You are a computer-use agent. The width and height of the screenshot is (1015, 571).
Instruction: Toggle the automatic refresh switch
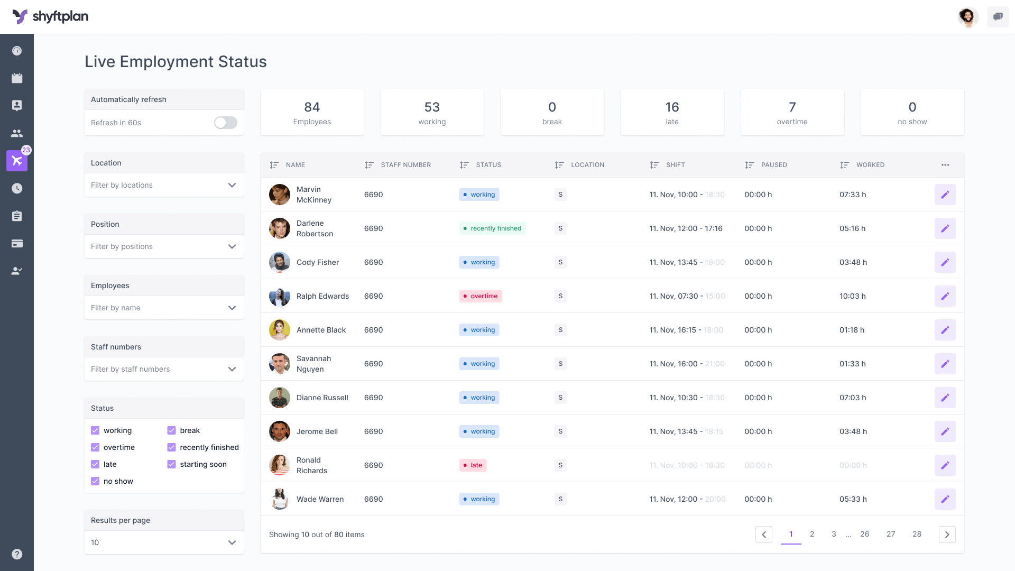226,123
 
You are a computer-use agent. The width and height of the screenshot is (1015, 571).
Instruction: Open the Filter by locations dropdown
164,185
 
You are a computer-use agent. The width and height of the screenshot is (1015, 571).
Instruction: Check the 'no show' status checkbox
95,481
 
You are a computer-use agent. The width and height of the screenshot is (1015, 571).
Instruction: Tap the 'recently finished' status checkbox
171,447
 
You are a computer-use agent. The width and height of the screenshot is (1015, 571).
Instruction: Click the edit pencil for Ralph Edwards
945,296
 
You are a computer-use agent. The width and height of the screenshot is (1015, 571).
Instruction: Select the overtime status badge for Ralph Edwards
480,296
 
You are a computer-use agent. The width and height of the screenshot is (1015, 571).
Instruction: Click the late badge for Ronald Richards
473,465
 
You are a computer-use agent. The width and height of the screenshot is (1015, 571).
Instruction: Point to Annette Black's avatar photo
279,330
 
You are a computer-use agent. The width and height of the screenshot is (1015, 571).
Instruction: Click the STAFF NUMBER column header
405,165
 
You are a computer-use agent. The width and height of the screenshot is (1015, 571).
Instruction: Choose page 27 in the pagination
891,534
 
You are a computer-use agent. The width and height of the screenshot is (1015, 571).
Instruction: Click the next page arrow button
947,535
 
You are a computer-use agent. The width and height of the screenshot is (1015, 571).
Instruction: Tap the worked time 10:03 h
852,296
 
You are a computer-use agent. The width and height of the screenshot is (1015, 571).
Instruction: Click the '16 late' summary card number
672,107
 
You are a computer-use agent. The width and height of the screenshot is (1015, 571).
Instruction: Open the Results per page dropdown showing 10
164,542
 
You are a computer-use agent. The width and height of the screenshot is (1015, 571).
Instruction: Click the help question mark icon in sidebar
17,554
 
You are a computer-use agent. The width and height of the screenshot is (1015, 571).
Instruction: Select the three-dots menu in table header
945,165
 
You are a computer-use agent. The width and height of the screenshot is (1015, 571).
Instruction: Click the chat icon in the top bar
998,17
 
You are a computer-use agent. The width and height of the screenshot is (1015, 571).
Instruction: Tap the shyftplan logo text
60,17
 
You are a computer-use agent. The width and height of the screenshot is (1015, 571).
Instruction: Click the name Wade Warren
320,499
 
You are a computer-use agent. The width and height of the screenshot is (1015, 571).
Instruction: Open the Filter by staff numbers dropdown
164,369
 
